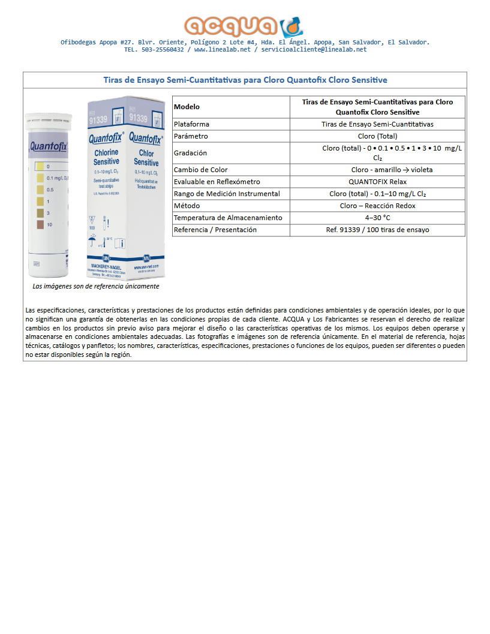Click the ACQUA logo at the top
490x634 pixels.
pos(245,26)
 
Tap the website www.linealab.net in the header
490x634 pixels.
pos(222,50)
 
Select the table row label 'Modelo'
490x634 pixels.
pos(187,107)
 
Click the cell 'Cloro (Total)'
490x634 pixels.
pos(377,136)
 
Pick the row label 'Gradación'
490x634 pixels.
pos(190,153)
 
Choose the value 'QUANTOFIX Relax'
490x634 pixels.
pos(377,182)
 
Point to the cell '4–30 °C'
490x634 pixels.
pos(377,218)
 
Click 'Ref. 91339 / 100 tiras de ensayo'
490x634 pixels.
pos(377,230)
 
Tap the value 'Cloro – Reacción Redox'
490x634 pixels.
pos(377,206)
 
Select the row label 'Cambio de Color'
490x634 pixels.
pos(200,170)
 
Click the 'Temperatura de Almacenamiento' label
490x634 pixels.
pos(227,218)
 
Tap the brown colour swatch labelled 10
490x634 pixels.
pos(40,224)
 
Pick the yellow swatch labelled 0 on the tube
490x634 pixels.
pos(40,166)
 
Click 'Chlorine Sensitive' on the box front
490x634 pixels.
pos(106,157)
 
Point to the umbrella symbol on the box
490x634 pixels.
pos(92,241)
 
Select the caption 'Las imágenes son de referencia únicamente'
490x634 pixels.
pos(96,286)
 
